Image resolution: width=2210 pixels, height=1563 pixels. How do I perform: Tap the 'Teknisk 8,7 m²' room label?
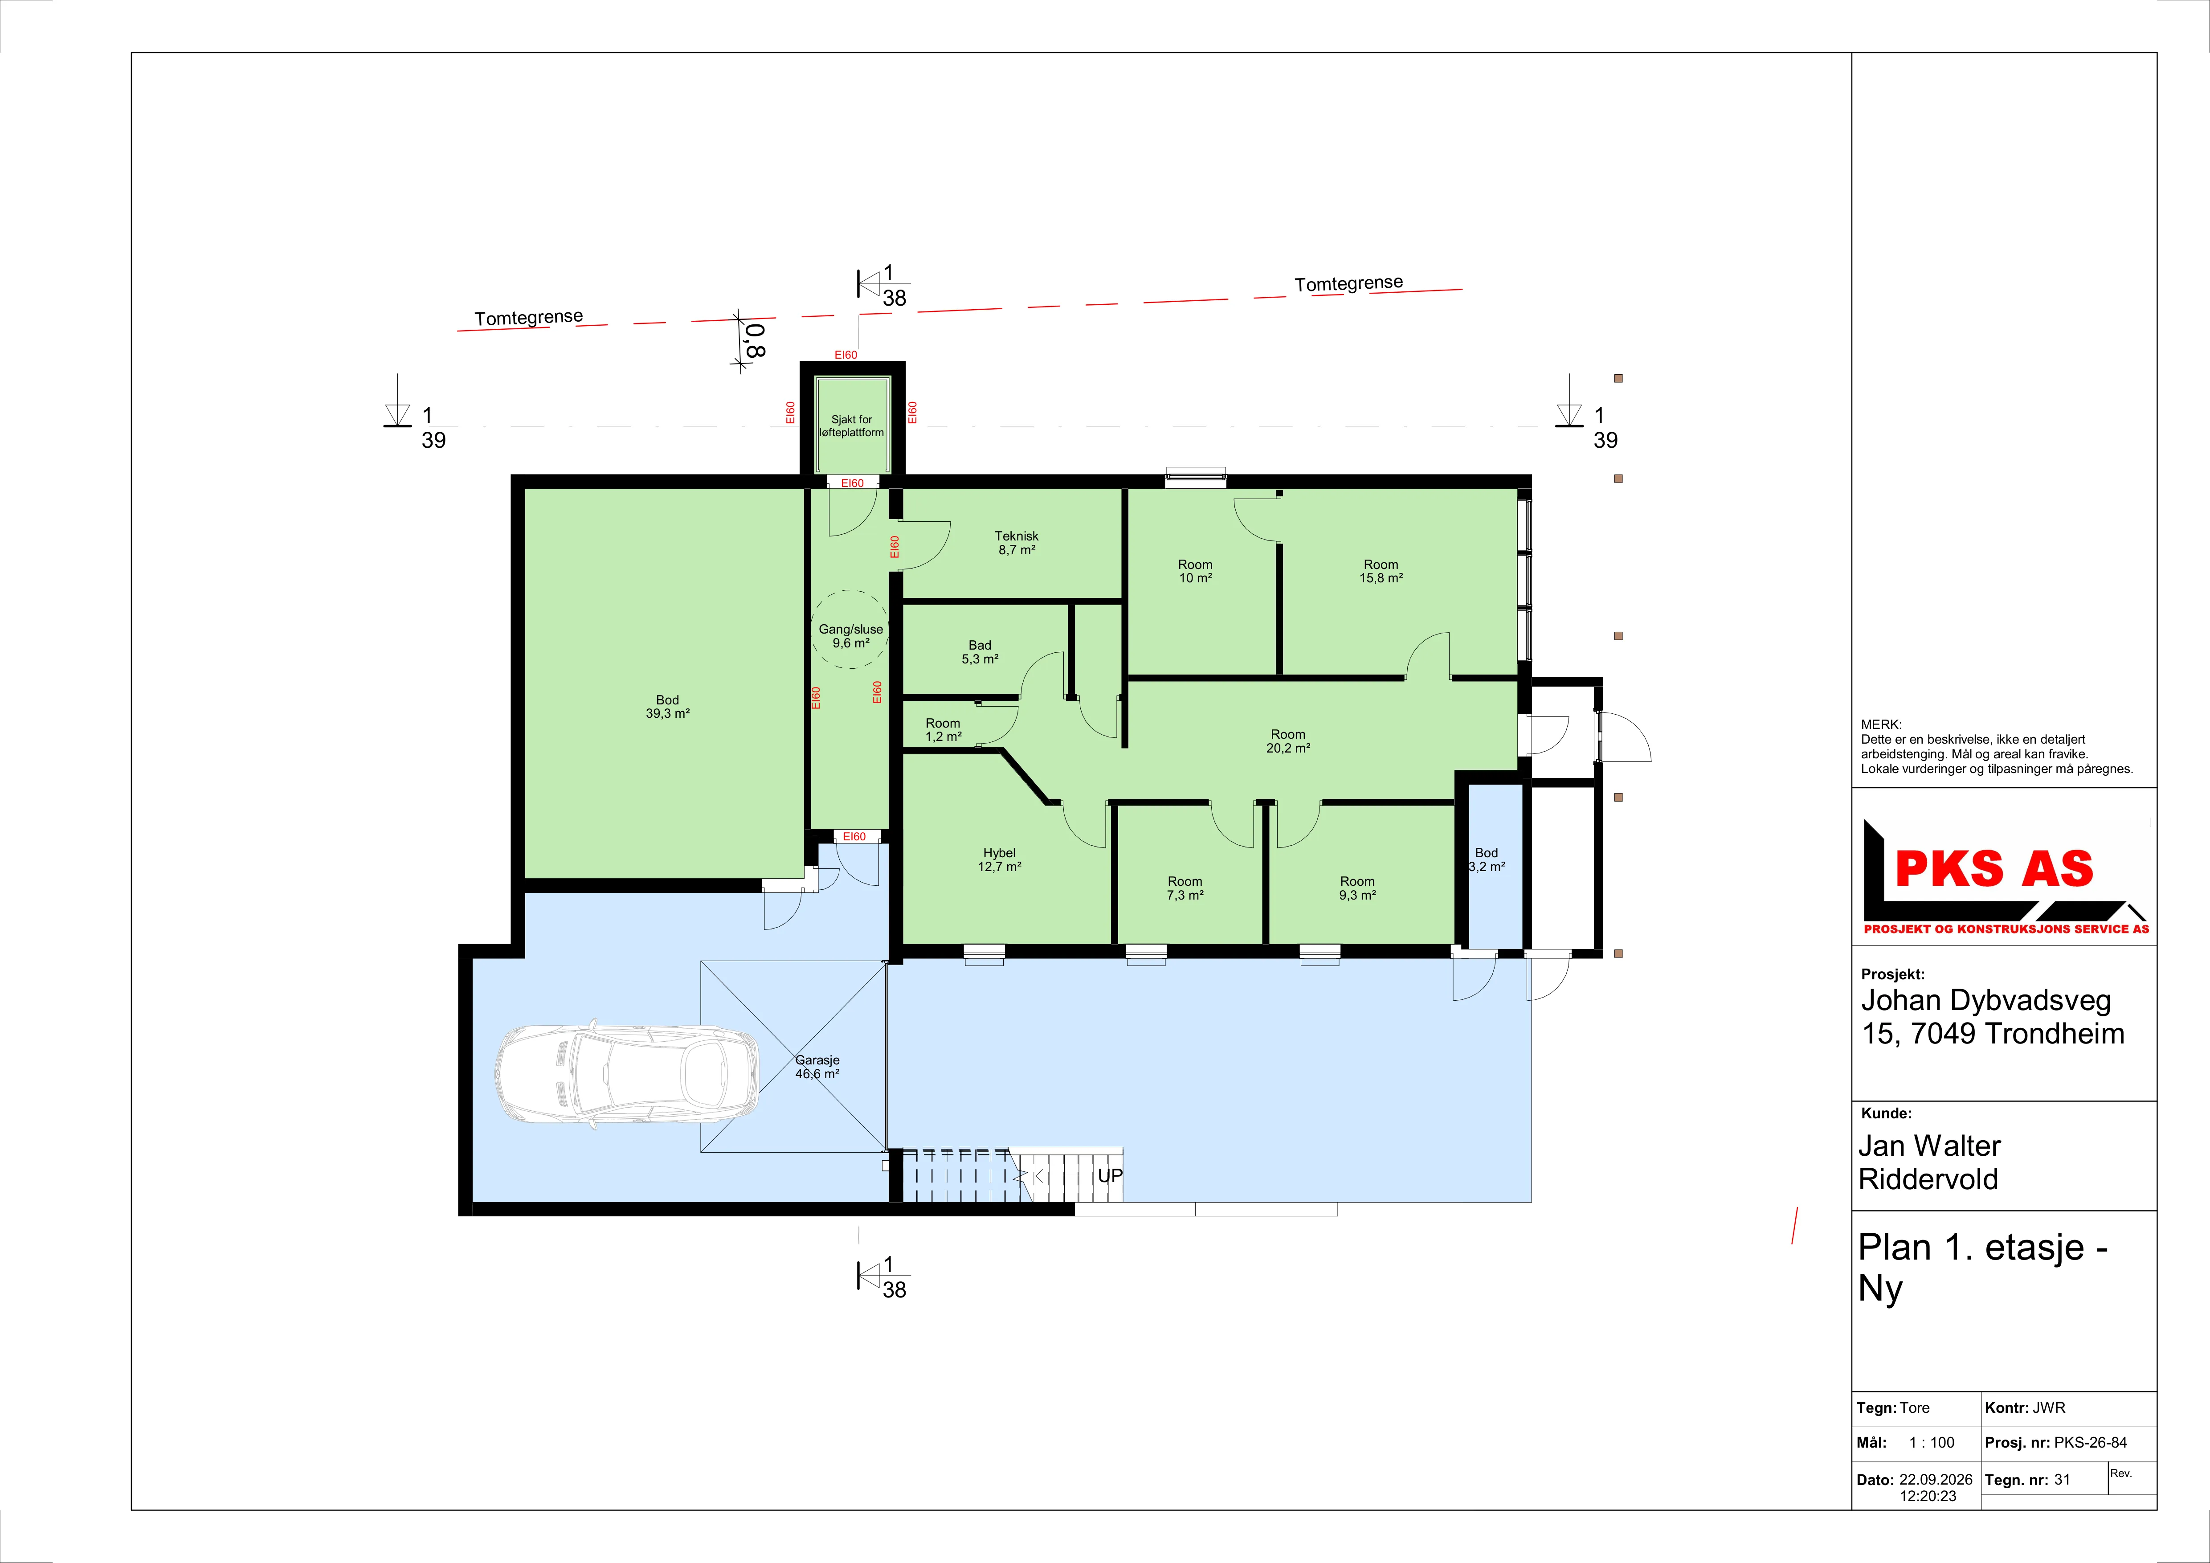(1017, 543)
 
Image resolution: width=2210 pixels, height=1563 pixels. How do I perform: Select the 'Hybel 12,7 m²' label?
(999, 859)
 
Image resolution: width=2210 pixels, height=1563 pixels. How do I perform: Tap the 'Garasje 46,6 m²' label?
(817, 1066)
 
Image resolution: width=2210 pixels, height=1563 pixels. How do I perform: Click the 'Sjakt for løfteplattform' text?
(852, 426)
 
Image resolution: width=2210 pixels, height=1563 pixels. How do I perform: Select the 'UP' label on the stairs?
(1110, 1176)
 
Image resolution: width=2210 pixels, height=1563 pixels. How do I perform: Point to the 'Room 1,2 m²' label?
(944, 729)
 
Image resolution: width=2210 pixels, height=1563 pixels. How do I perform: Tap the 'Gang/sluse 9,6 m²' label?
(851, 636)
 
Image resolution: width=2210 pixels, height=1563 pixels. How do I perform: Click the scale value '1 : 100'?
(1932, 1443)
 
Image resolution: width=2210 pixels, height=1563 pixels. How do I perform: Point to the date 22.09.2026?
(1936, 1479)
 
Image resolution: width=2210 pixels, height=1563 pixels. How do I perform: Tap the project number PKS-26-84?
(2091, 1443)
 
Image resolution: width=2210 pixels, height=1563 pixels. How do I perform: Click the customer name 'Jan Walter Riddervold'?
(1929, 1162)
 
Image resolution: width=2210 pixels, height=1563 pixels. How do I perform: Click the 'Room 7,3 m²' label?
(1185, 888)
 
